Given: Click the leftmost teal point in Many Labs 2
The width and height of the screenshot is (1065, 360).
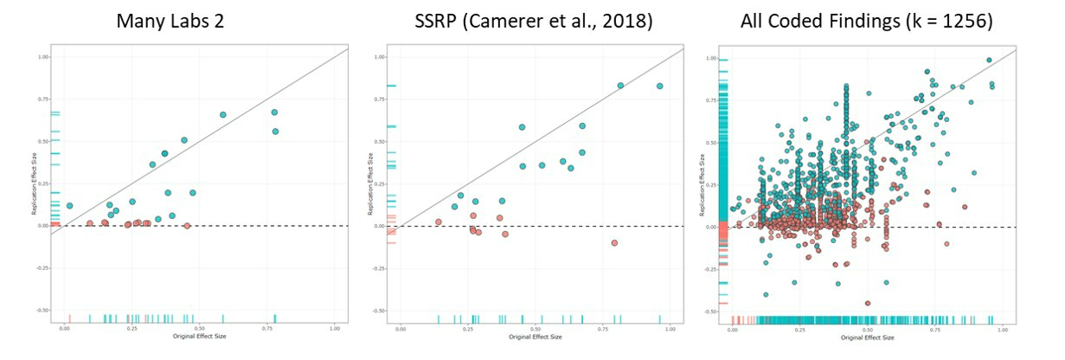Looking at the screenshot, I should coord(69,206).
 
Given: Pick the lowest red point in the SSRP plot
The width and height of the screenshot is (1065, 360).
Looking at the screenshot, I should coord(614,243).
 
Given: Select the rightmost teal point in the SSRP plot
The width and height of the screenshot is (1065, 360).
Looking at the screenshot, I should coord(659,87).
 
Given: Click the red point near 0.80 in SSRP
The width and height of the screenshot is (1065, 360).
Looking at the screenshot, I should coord(614,243).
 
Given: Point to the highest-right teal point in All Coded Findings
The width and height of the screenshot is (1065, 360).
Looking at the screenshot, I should coord(989,61).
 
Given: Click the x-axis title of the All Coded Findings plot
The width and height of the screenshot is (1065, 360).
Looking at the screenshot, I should coord(869,337).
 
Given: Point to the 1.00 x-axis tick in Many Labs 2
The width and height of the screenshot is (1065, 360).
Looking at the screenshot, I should coord(335,328).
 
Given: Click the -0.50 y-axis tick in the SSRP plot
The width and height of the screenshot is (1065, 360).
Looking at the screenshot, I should coord(379,310).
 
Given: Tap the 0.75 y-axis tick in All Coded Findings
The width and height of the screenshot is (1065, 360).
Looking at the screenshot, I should coord(712,100).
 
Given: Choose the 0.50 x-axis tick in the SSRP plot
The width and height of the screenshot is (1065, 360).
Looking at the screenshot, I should coord(536,328).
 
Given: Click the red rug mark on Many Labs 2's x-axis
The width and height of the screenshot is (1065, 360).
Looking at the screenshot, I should coord(69,318).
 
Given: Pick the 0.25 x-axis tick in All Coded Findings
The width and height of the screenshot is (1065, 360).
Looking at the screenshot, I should coord(801,329).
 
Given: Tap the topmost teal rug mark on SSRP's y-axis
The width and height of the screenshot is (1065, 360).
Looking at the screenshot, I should coord(391,86).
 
